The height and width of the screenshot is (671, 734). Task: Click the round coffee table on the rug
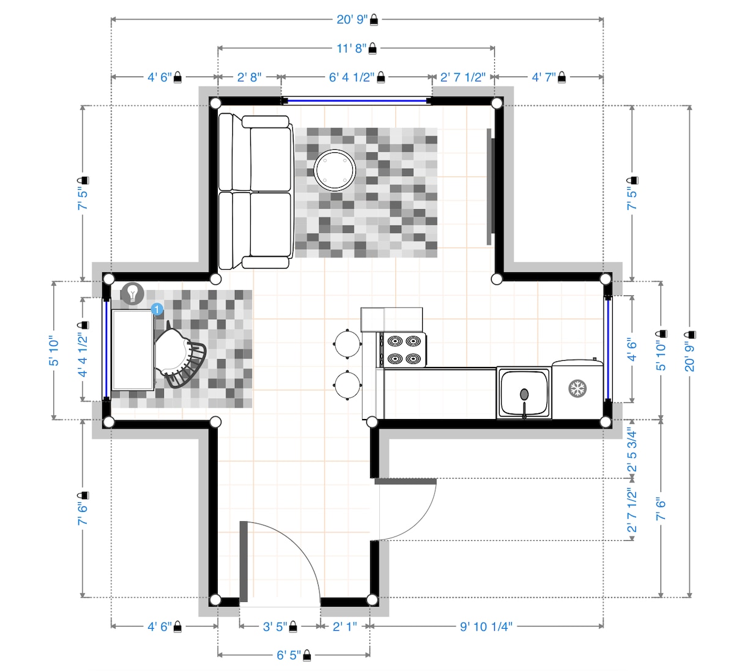[335, 170]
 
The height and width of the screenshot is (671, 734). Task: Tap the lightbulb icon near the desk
[133, 293]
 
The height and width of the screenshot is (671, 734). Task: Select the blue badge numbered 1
[157, 310]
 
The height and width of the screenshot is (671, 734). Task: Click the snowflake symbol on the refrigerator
[577, 388]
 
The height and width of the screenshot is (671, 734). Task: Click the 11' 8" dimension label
[352, 48]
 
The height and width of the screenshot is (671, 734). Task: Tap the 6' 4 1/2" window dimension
[352, 77]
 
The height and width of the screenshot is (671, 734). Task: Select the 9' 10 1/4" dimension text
[486, 626]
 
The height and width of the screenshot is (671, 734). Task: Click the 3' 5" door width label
[275, 626]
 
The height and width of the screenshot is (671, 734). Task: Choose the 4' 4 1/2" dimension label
[83, 355]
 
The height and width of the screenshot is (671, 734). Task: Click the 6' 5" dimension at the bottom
[289, 655]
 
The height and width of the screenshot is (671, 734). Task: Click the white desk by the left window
[133, 350]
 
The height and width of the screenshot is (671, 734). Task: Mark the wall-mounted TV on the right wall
[490, 187]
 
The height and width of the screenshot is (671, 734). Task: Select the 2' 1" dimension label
[345, 626]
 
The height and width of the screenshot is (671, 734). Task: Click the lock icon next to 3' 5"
[293, 627]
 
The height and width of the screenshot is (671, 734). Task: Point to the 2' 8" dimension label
[249, 77]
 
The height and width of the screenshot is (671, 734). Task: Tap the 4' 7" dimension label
[544, 77]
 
